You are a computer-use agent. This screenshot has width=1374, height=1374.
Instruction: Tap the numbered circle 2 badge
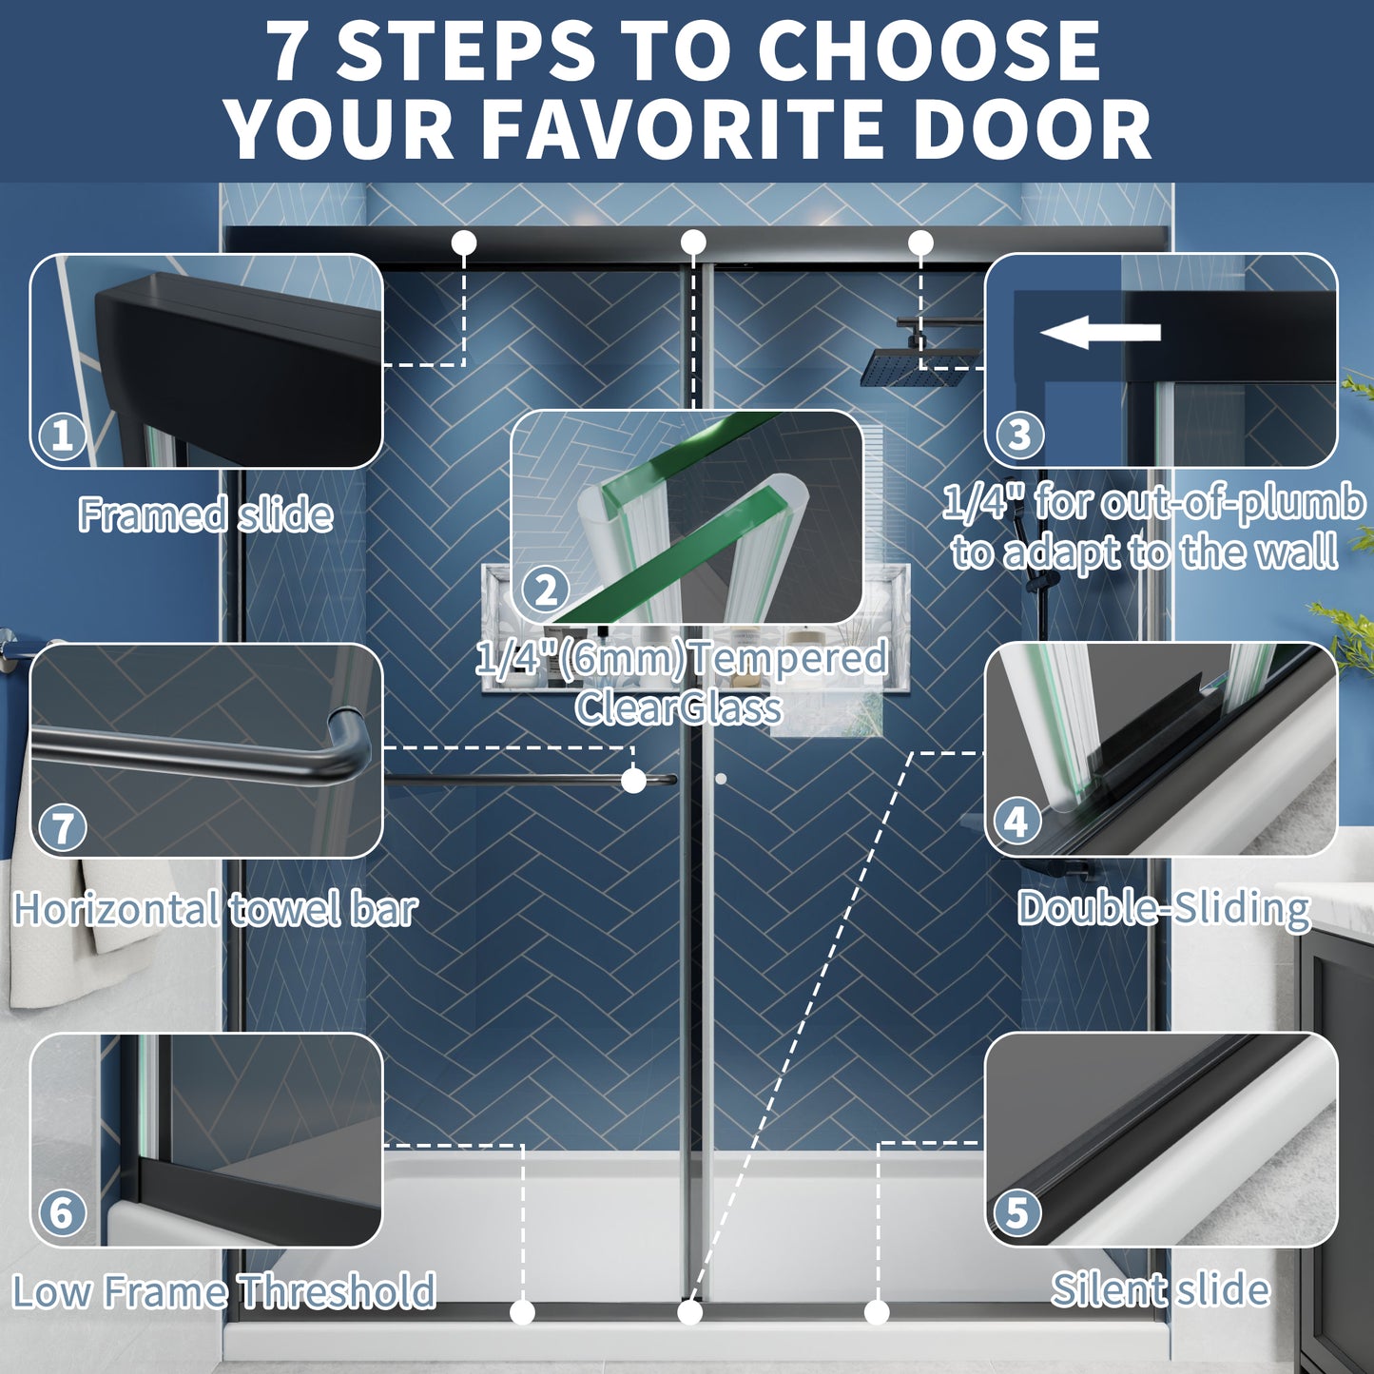(546, 590)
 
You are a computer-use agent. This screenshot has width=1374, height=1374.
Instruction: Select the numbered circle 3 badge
(1019, 435)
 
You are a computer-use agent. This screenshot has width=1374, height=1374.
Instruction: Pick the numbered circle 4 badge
(1016, 822)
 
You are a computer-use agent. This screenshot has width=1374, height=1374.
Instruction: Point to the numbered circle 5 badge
(1016, 1212)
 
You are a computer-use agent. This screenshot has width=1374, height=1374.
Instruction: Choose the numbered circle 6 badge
(62, 1212)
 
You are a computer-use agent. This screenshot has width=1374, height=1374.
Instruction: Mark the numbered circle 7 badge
(63, 828)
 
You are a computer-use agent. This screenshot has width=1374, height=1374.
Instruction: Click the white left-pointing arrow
(1100, 332)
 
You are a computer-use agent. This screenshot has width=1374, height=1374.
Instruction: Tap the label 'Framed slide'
(205, 514)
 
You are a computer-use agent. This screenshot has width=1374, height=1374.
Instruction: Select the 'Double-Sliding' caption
(1164, 909)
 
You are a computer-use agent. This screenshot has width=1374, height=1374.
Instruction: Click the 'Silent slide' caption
(1160, 1288)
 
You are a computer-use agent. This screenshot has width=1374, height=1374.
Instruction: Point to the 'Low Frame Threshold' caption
(223, 1290)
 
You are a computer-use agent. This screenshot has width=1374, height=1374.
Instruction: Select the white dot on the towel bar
(633, 780)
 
